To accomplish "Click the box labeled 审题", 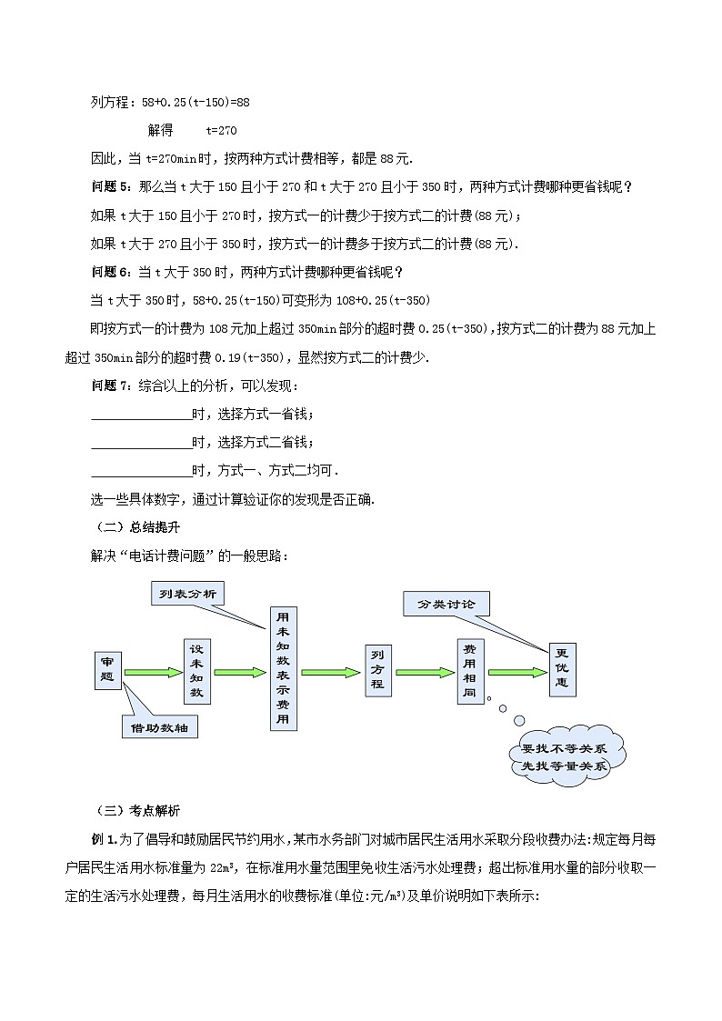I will coord(106,671).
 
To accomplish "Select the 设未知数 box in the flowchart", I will coord(196,672).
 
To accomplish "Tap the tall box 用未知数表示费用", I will coord(283,668).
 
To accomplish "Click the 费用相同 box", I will coord(469,672).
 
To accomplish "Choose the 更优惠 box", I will coord(562,672).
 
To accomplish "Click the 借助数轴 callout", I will coord(160,727).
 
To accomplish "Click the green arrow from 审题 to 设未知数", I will coord(153,673).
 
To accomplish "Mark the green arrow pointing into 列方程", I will coord(331,673).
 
